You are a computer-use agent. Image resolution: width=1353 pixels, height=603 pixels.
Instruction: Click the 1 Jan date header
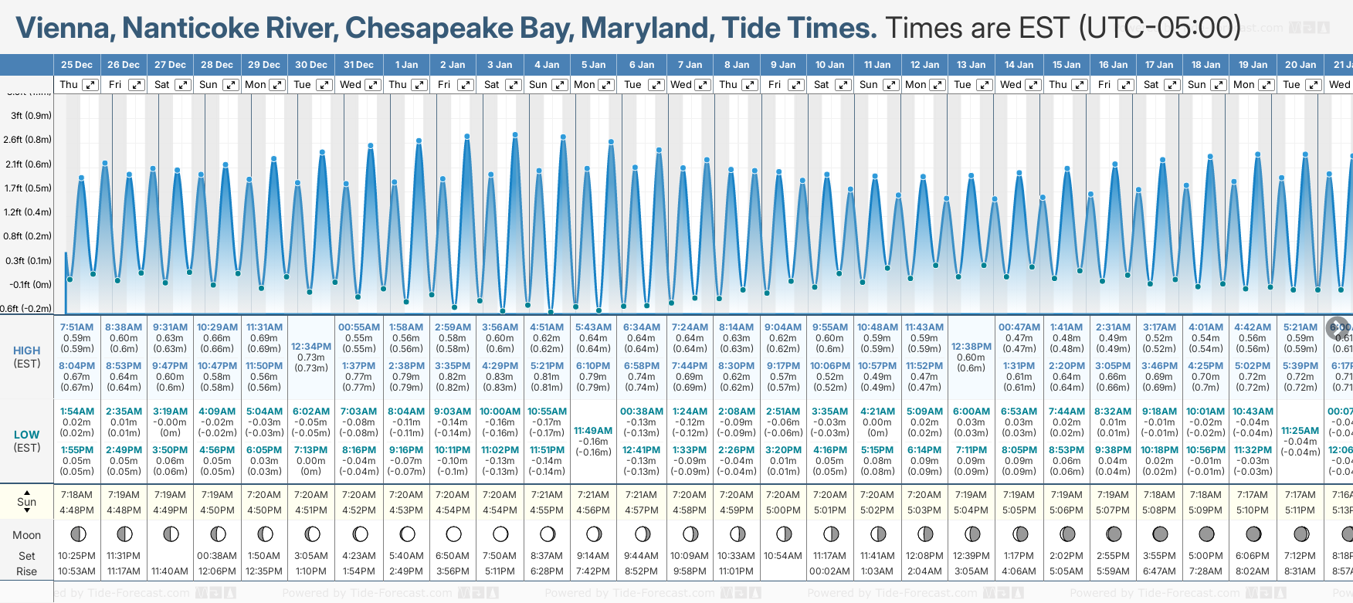click(406, 65)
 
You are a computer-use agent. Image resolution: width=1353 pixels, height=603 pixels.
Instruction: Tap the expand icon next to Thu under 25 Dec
click(90, 85)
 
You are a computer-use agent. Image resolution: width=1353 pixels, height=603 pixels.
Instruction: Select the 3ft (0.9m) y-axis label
click(31, 116)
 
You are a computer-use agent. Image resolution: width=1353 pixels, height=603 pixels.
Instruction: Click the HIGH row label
click(27, 351)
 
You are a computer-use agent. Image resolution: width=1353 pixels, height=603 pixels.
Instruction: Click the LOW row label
click(27, 435)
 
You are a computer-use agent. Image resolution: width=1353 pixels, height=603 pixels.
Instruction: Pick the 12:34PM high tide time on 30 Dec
click(311, 347)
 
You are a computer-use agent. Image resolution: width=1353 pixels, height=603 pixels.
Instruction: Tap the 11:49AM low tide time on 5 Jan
click(593, 431)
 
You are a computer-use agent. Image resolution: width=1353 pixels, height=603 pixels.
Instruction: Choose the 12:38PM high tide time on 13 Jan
click(971, 347)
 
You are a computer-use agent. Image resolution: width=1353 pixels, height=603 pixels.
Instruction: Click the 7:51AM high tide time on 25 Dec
click(76, 327)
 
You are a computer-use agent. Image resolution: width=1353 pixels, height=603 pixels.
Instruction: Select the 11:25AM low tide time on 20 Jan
click(1300, 431)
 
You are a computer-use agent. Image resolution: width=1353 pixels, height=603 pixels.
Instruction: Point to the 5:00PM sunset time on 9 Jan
click(783, 510)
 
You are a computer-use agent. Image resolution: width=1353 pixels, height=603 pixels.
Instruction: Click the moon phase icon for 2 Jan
click(453, 534)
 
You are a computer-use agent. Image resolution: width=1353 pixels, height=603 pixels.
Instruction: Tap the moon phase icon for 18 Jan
click(1205, 534)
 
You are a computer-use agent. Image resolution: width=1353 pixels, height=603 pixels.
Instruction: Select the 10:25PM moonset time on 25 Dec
click(76, 556)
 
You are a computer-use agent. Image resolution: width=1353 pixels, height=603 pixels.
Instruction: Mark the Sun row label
click(27, 502)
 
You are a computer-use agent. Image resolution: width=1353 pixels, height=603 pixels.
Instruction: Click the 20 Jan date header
click(1300, 65)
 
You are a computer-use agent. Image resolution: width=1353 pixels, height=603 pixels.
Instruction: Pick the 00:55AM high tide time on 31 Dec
click(359, 327)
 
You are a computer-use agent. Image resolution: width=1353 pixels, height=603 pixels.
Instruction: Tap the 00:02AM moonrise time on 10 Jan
click(829, 571)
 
